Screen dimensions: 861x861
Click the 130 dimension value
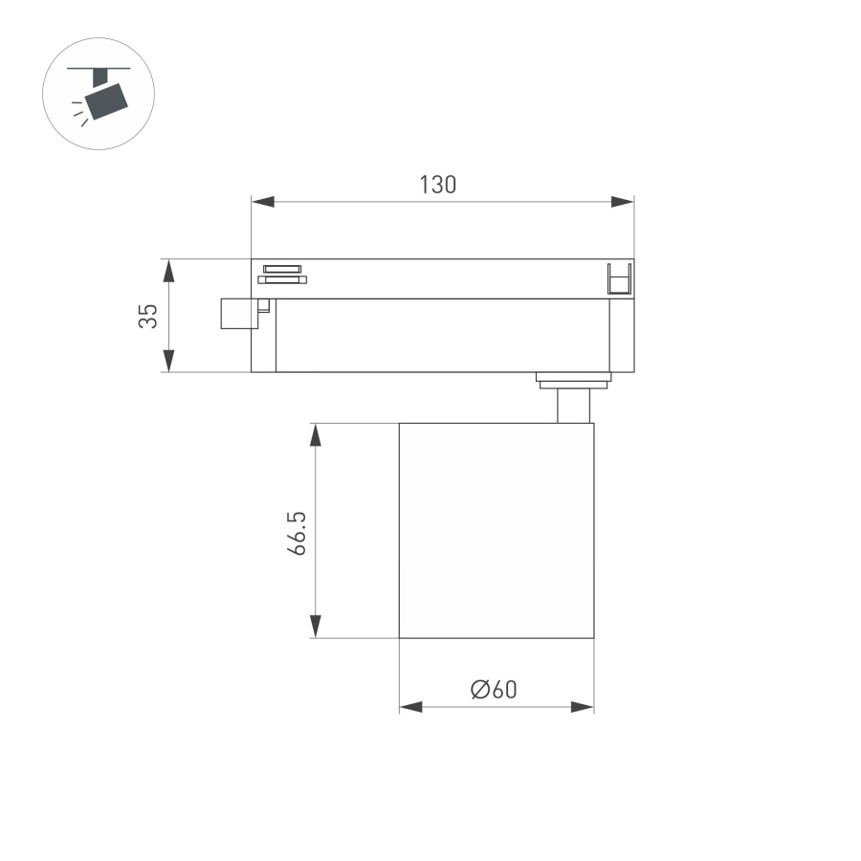pos(437,185)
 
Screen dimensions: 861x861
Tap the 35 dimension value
pos(146,316)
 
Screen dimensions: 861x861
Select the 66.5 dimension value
pos(297,534)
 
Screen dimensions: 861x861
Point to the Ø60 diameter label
pos(494,689)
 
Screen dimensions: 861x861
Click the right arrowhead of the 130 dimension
pos(622,202)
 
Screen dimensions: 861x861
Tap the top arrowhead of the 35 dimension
pos(168,270)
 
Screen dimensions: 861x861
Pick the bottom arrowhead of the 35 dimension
pos(168,361)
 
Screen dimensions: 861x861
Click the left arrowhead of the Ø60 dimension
pos(411,707)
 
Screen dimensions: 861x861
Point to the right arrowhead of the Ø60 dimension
pos(582,707)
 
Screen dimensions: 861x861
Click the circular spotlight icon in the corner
pos(99,93)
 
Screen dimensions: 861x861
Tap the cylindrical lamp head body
pos(496,530)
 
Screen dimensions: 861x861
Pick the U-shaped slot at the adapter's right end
pos(620,278)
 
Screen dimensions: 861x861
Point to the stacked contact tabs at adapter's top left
pos(281,274)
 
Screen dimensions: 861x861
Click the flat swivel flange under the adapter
pos(573,381)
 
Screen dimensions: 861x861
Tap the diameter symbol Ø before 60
pos(480,689)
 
